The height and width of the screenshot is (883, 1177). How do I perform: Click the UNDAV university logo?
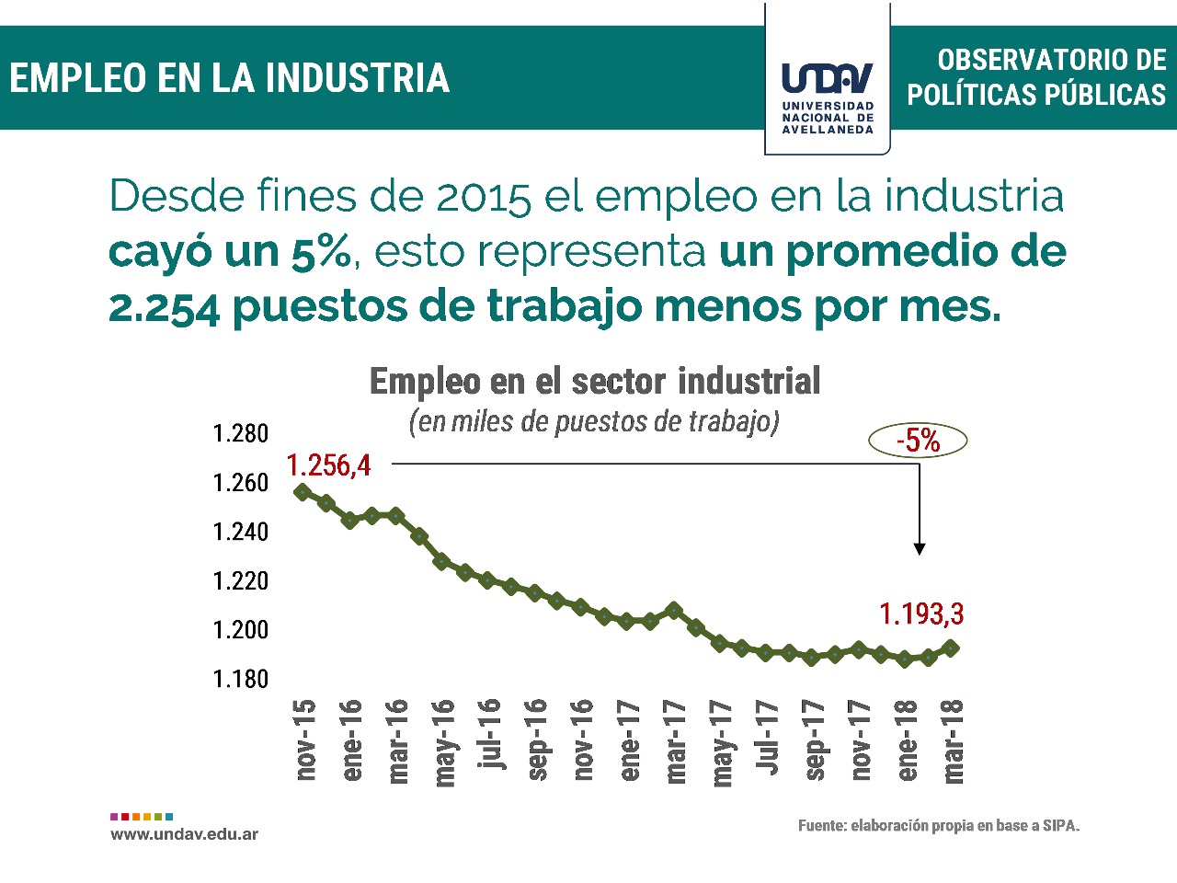827,91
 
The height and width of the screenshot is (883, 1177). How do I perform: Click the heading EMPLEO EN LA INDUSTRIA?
230,78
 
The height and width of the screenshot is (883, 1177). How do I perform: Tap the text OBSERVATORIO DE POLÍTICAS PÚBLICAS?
1036,77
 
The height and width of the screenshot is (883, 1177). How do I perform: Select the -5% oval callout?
918,441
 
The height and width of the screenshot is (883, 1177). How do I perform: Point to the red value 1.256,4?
328,465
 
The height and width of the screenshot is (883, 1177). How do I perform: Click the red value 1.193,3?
921,614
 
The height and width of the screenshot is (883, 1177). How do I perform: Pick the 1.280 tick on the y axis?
241,433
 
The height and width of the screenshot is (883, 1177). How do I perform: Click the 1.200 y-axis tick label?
241,630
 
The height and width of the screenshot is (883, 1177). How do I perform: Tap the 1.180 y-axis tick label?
241,679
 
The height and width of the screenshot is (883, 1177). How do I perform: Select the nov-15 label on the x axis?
305,740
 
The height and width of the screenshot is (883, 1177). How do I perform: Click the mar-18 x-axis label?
954,740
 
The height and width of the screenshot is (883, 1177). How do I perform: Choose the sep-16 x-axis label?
537,740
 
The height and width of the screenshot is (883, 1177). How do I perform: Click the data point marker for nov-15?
302,492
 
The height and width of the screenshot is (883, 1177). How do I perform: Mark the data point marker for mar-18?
952,648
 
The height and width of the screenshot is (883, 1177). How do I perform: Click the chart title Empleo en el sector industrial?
595,382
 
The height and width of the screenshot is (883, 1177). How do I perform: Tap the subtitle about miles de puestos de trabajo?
594,421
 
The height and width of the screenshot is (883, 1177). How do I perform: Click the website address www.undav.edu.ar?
184,834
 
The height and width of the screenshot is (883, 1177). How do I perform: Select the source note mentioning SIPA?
938,826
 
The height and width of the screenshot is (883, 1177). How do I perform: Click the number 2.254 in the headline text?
164,307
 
